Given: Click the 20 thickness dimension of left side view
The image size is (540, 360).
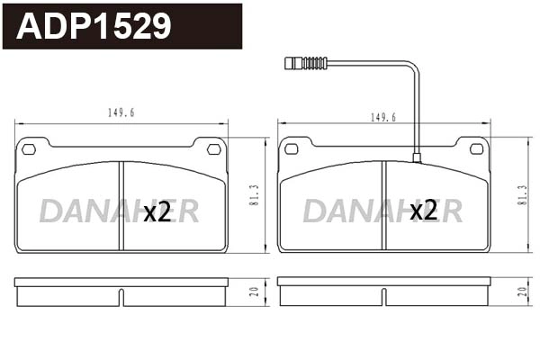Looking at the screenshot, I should pyautogui.click(x=255, y=291).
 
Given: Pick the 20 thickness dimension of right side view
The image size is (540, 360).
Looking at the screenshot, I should pyautogui.click(x=522, y=291).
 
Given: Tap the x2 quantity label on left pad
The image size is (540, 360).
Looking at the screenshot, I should pyautogui.click(x=157, y=211).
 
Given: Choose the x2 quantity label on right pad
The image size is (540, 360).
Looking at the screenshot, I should pyautogui.click(x=423, y=211).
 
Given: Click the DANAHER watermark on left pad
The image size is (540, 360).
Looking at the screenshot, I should pyautogui.click(x=119, y=211).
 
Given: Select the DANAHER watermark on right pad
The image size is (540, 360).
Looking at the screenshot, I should pyautogui.click(x=382, y=211).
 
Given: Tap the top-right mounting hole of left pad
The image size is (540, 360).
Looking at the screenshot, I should pyautogui.click(x=213, y=149).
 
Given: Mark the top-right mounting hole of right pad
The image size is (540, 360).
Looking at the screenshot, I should pyautogui.click(x=476, y=149).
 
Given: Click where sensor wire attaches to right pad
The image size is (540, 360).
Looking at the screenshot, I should pyautogui.click(x=417, y=158).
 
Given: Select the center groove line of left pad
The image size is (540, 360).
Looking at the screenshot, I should pyautogui.click(x=121, y=205).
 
